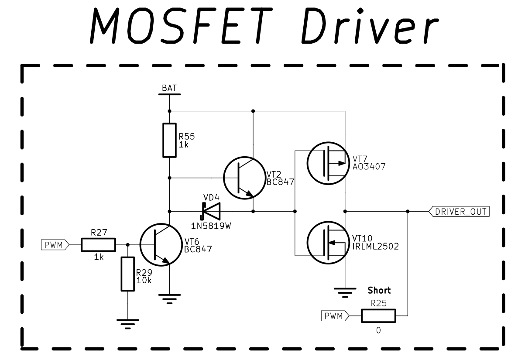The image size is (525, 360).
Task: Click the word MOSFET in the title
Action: tap(181, 26)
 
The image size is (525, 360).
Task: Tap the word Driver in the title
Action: tap(370, 26)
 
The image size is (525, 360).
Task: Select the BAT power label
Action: tap(169, 88)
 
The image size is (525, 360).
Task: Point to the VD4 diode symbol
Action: tap(211, 211)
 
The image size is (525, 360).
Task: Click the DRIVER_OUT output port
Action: tap(459, 211)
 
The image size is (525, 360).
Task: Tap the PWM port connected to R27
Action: tap(55, 245)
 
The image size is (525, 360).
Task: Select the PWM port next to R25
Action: tap(335, 316)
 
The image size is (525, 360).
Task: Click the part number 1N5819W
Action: tap(211, 226)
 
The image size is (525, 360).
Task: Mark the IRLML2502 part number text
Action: tap(375, 247)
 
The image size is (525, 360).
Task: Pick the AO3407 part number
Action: tap(369, 167)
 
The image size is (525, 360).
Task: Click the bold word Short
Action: tap(379, 290)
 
